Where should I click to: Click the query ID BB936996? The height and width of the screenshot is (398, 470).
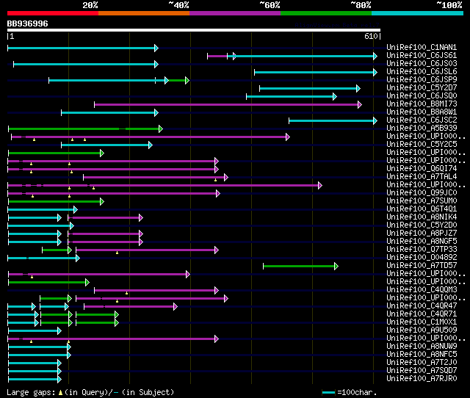[x=28, y=23]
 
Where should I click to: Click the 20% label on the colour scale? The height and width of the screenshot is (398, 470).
[x=90, y=5]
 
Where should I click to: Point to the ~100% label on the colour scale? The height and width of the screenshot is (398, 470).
[x=449, y=5]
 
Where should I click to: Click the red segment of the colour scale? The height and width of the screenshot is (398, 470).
[x=52, y=13]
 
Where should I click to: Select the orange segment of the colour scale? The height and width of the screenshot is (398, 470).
[x=143, y=13]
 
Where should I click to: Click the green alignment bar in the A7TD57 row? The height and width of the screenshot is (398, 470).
[x=300, y=266]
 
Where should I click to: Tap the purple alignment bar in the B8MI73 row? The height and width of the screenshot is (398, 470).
[x=227, y=104]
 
